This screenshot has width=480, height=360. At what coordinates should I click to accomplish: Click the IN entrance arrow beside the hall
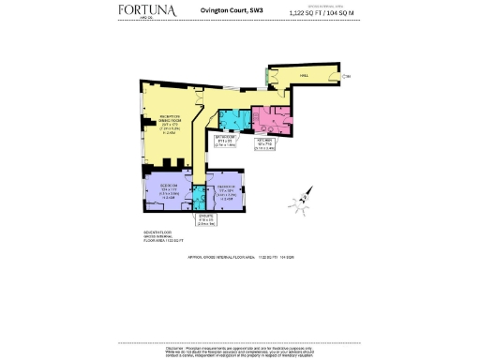[x=345, y=76]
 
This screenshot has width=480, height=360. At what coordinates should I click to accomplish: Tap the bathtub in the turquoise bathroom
[x=228, y=118]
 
